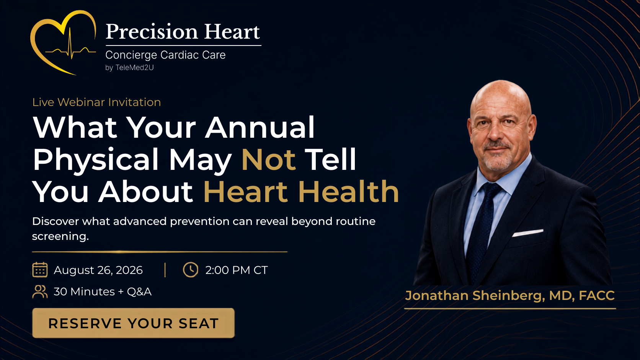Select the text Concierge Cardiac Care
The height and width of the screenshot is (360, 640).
[x=165, y=55]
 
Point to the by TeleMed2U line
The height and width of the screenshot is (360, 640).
[x=129, y=68]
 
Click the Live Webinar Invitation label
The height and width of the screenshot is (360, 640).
[x=96, y=102]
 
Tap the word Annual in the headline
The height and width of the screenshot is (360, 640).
[x=260, y=127]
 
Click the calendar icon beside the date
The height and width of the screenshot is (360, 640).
[x=40, y=270]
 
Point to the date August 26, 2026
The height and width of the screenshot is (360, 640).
[x=98, y=270]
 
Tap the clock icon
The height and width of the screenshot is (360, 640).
[x=191, y=270]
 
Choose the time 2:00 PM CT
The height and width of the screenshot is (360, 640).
[x=237, y=270]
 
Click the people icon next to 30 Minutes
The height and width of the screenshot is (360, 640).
[x=40, y=292]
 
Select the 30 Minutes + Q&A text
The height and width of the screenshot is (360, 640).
[x=103, y=292]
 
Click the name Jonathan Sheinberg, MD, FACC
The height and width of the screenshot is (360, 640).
[x=510, y=295]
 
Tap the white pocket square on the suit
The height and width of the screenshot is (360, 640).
[x=527, y=233]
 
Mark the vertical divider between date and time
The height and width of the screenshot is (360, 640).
[x=165, y=270]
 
